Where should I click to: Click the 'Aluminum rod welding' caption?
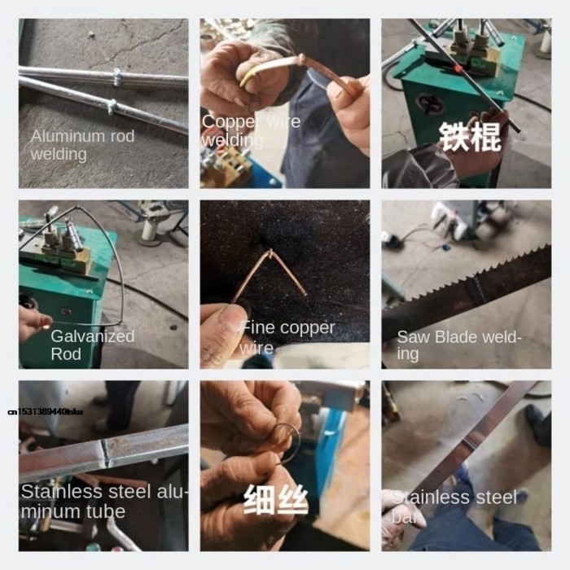(82, 144)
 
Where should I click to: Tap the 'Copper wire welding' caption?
(251, 130)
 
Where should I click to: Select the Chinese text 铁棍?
(470, 138)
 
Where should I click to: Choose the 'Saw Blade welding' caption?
(458, 344)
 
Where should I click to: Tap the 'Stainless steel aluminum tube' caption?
(103, 501)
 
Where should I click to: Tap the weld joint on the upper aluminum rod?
(117, 78)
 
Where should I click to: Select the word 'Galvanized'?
(92, 335)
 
